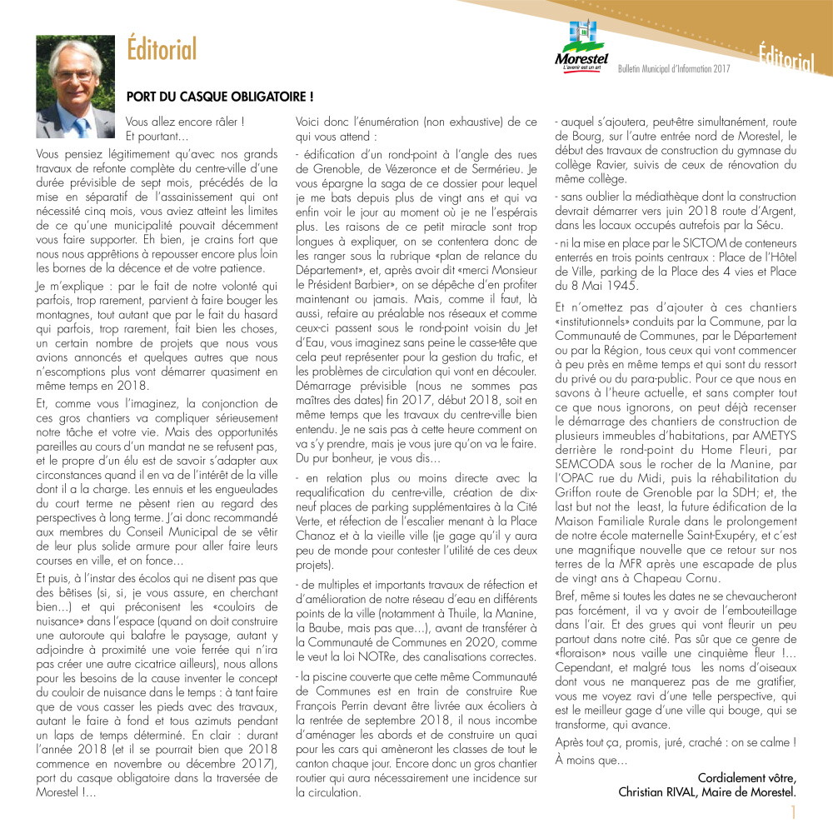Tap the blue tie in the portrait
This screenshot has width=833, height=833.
coord(81,126)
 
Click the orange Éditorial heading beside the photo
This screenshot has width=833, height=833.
coord(162,49)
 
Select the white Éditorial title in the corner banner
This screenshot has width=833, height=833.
coord(785,59)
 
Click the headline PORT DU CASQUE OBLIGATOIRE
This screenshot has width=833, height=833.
coord(219,97)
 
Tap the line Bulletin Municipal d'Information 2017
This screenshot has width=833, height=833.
coord(673,68)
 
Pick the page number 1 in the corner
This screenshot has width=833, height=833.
coord(794,812)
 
